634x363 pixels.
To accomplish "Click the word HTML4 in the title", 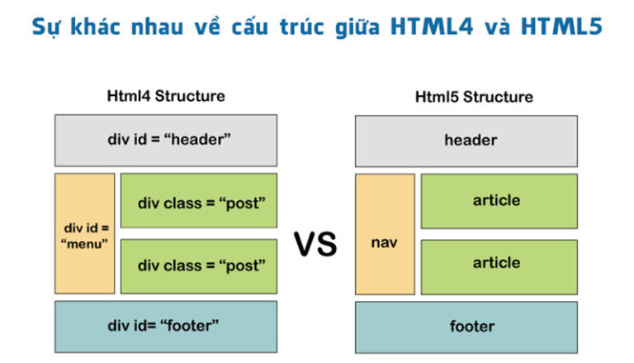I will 438,27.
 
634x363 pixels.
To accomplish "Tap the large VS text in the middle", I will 316,245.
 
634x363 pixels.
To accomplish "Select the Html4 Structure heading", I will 166,96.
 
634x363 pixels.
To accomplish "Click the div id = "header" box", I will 166,140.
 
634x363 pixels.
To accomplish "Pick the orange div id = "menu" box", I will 85,233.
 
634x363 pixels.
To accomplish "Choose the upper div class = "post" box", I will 199,201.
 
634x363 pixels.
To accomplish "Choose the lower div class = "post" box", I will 199,266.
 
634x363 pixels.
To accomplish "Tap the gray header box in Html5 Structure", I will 466,140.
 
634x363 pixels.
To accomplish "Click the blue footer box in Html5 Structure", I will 466,327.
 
